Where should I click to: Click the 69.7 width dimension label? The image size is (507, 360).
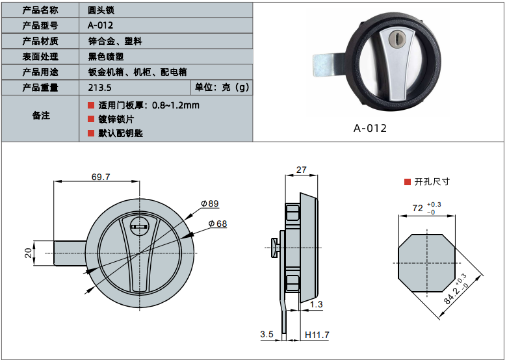click(101, 177)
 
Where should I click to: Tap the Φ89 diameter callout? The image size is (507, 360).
click(210, 203)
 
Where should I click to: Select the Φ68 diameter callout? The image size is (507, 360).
click(218, 224)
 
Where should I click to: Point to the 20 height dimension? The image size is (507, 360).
click(29, 253)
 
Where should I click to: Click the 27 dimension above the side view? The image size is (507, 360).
click(302, 170)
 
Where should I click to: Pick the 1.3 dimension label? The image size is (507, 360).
click(317, 304)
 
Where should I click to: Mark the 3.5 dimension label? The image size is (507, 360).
click(266, 334)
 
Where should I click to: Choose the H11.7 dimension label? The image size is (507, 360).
click(317, 335)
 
